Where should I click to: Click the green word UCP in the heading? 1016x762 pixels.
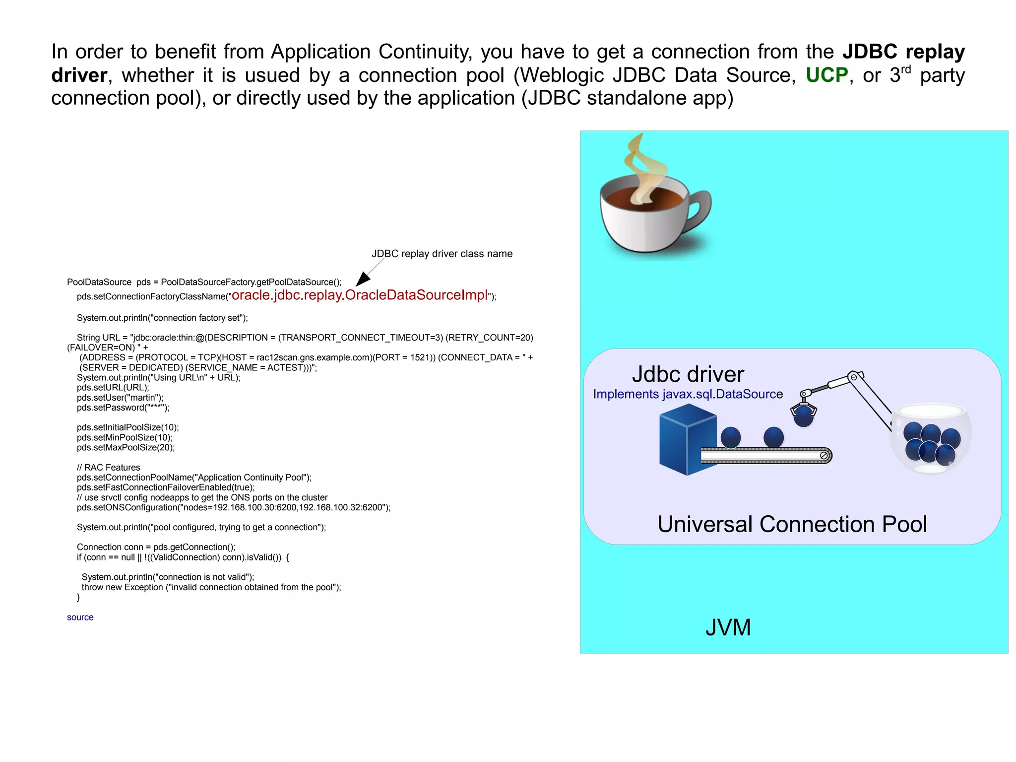click(826, 75)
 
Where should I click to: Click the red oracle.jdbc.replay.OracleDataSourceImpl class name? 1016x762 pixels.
click(360, 295)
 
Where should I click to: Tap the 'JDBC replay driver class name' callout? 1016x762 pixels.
click(442, 254)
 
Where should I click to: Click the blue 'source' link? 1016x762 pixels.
click(80, 617)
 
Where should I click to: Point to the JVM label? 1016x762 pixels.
click(728, 627)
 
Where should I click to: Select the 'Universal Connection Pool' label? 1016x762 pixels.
click(792, 524)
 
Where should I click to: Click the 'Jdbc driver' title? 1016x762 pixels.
click(688, 374)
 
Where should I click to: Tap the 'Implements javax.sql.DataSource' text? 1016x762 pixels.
click(688, 394)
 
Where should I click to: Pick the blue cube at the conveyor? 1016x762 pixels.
click(687, 439)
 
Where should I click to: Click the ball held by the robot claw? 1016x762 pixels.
click(803, 417)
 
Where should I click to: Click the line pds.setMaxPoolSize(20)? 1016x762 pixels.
click(126, 447)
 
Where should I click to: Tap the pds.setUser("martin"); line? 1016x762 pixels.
click(120, 398)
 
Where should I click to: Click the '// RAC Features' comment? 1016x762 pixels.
click(109, 467)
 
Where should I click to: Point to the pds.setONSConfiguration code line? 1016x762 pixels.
click(234, 507)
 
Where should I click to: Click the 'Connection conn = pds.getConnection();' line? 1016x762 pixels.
click(156, 547)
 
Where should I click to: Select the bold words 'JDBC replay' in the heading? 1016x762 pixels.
click(903, 52)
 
